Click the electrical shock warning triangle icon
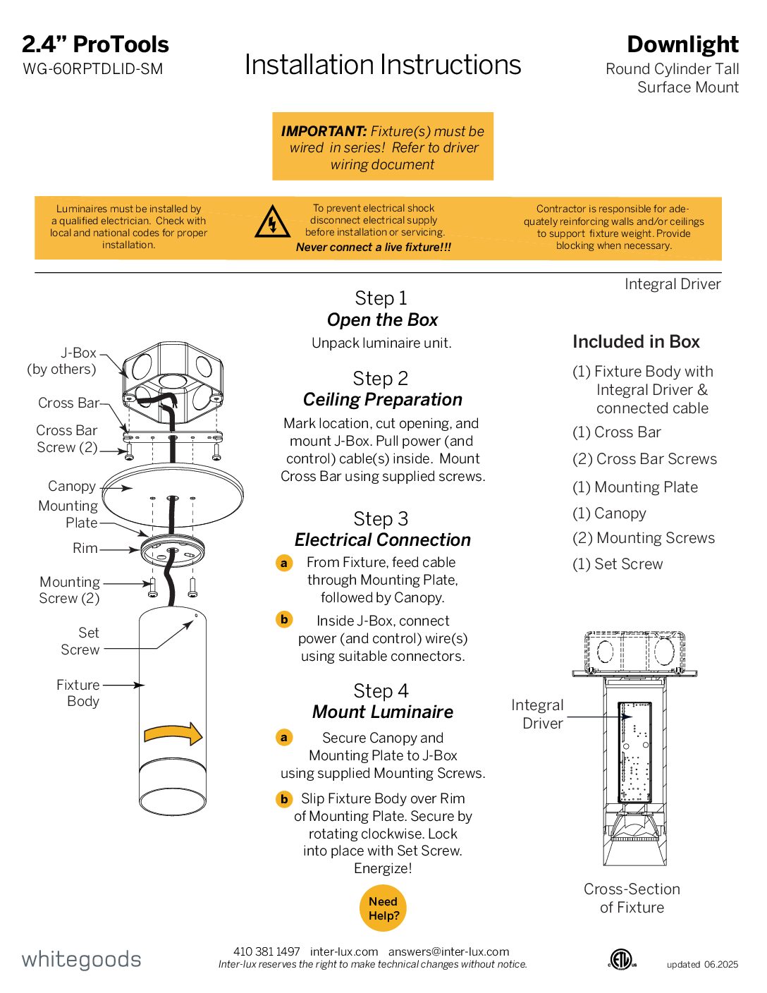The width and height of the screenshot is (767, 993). [272, 223]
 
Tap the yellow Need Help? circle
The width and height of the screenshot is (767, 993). [383, 908]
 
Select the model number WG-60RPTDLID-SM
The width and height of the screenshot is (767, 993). [93, 69]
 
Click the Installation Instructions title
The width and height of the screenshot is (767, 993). [383, 65]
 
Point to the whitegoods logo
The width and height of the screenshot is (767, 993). [81, 959]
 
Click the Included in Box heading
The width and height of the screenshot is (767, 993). [636, 342]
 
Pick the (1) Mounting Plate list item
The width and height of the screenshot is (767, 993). [635, 487]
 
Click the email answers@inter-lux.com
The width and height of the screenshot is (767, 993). [448, 951]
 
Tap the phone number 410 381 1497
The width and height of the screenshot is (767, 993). [266, 951]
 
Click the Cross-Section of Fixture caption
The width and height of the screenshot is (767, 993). [632, 898]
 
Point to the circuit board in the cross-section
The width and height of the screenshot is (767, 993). [634, 752]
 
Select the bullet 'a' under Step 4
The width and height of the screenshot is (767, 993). [284, 738]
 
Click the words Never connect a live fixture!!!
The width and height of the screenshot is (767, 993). [374, 247]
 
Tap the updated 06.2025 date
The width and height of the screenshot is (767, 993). [702, 964]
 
